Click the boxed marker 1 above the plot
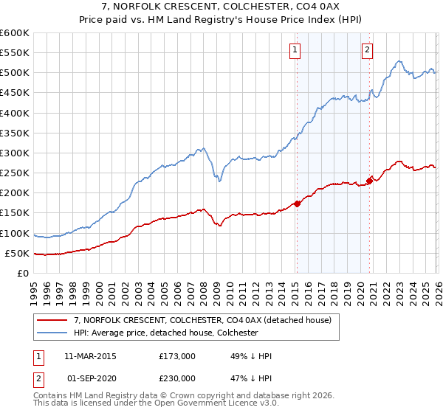tap(295, 50)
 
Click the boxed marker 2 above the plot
tap(367, 50)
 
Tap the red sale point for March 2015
tap(297, 204)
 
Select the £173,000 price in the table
tap(176, 356)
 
